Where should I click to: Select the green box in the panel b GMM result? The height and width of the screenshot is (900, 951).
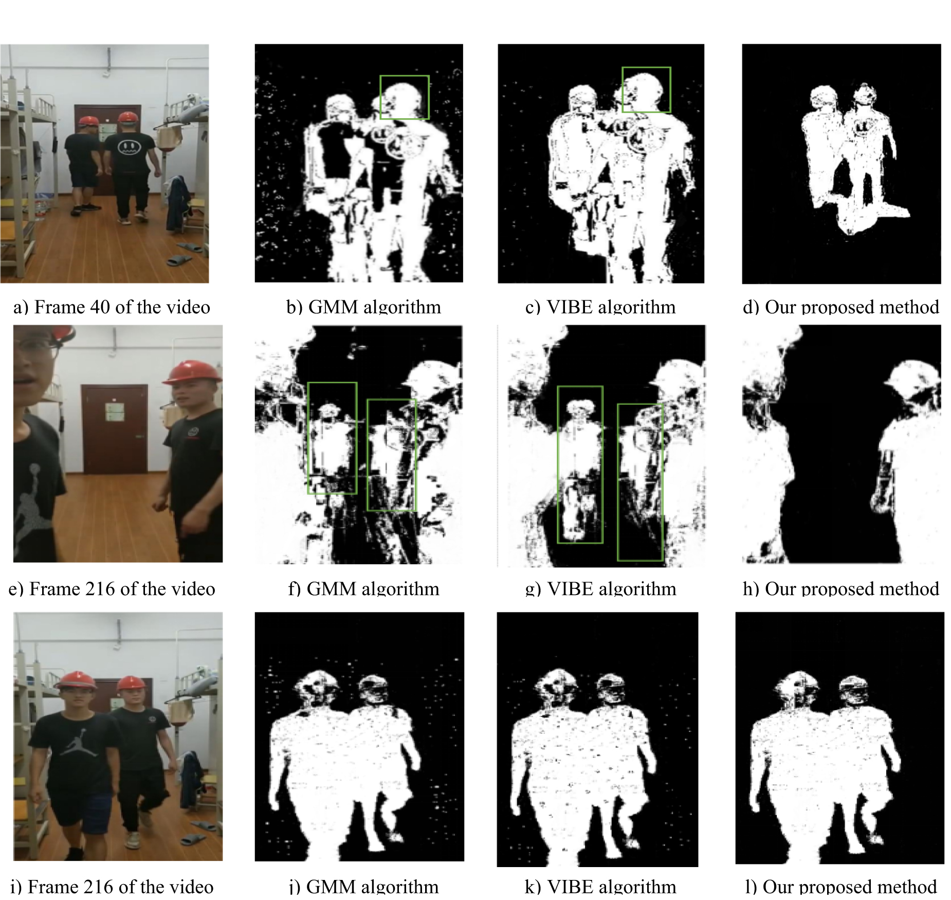pos(405,97)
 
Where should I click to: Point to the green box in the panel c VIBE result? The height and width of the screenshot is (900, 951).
pos(646,89)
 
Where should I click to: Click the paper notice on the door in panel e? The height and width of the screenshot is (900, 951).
pos(115,412)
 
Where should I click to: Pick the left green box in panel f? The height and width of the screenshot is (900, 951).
pos(332,438)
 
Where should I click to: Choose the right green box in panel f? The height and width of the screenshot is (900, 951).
pos(391,455)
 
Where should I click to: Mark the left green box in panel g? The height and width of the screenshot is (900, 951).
pos(580,464)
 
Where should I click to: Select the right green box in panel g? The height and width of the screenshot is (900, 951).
pos(640,482)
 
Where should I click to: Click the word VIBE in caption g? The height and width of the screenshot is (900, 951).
pos(571,589)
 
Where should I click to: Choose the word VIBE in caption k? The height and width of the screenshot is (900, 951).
pos(571,887)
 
